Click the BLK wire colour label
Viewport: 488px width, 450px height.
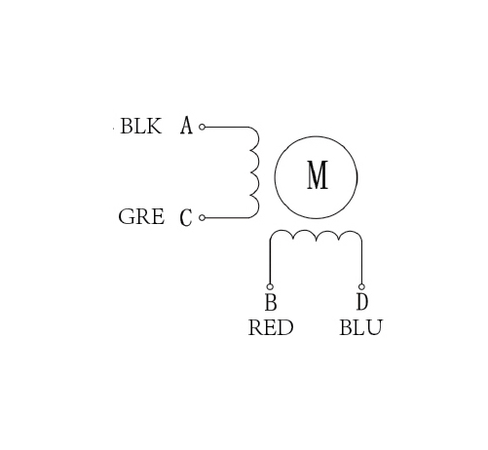(x=141, y=126)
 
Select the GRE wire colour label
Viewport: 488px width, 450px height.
(x=141, y=217)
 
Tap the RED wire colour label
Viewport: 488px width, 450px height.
(x=271, y=327)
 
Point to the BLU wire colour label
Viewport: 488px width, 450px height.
(x=361, y=327)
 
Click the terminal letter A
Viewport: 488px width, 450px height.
(x=186, y=126)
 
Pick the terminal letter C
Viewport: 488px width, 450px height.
(x=186, y=217)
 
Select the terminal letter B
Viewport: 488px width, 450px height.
(x=271, y=302)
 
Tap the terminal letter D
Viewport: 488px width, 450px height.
(x=362, y=302)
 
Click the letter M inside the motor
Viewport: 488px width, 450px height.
(x=318, y=175)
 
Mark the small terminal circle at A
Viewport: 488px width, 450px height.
(x=202, y=127)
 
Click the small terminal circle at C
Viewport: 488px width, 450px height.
(x=202, y=217)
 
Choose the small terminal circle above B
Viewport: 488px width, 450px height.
(x=270, y=286)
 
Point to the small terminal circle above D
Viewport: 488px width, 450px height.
(x=361, y=286)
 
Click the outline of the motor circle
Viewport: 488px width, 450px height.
(x=275, y=177)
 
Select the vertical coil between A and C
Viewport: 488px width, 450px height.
(x=259, y=172)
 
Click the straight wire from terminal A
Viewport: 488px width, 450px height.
(x=227, y=127)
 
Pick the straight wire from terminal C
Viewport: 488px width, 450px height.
(x=227, y=217)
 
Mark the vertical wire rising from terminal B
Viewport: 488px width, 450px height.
(x=270, y=262)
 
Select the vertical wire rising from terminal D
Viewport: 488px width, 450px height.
(x=361, y=262)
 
